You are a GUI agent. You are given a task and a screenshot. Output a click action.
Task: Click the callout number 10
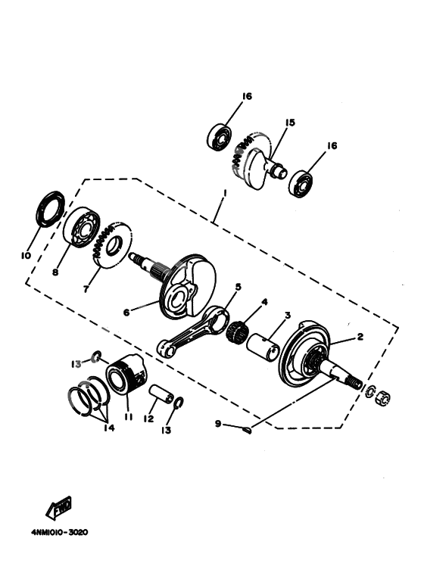26,256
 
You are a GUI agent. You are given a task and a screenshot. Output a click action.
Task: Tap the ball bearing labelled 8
80,226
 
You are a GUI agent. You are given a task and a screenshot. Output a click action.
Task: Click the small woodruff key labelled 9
248,431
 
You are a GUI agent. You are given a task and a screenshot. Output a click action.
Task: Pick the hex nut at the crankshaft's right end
383,395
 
